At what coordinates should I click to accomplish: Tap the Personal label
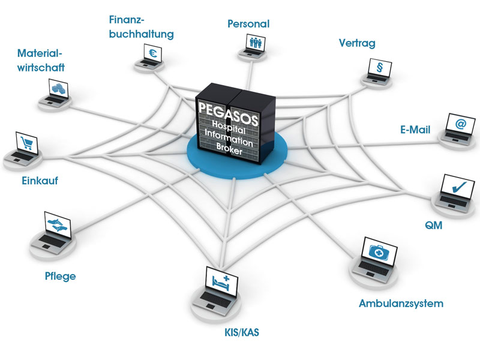coord(248,24)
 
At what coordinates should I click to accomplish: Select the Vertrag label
coord(358,43)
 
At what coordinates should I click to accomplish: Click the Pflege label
coord(60,277)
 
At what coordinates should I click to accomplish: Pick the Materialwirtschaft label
coord(41,60)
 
